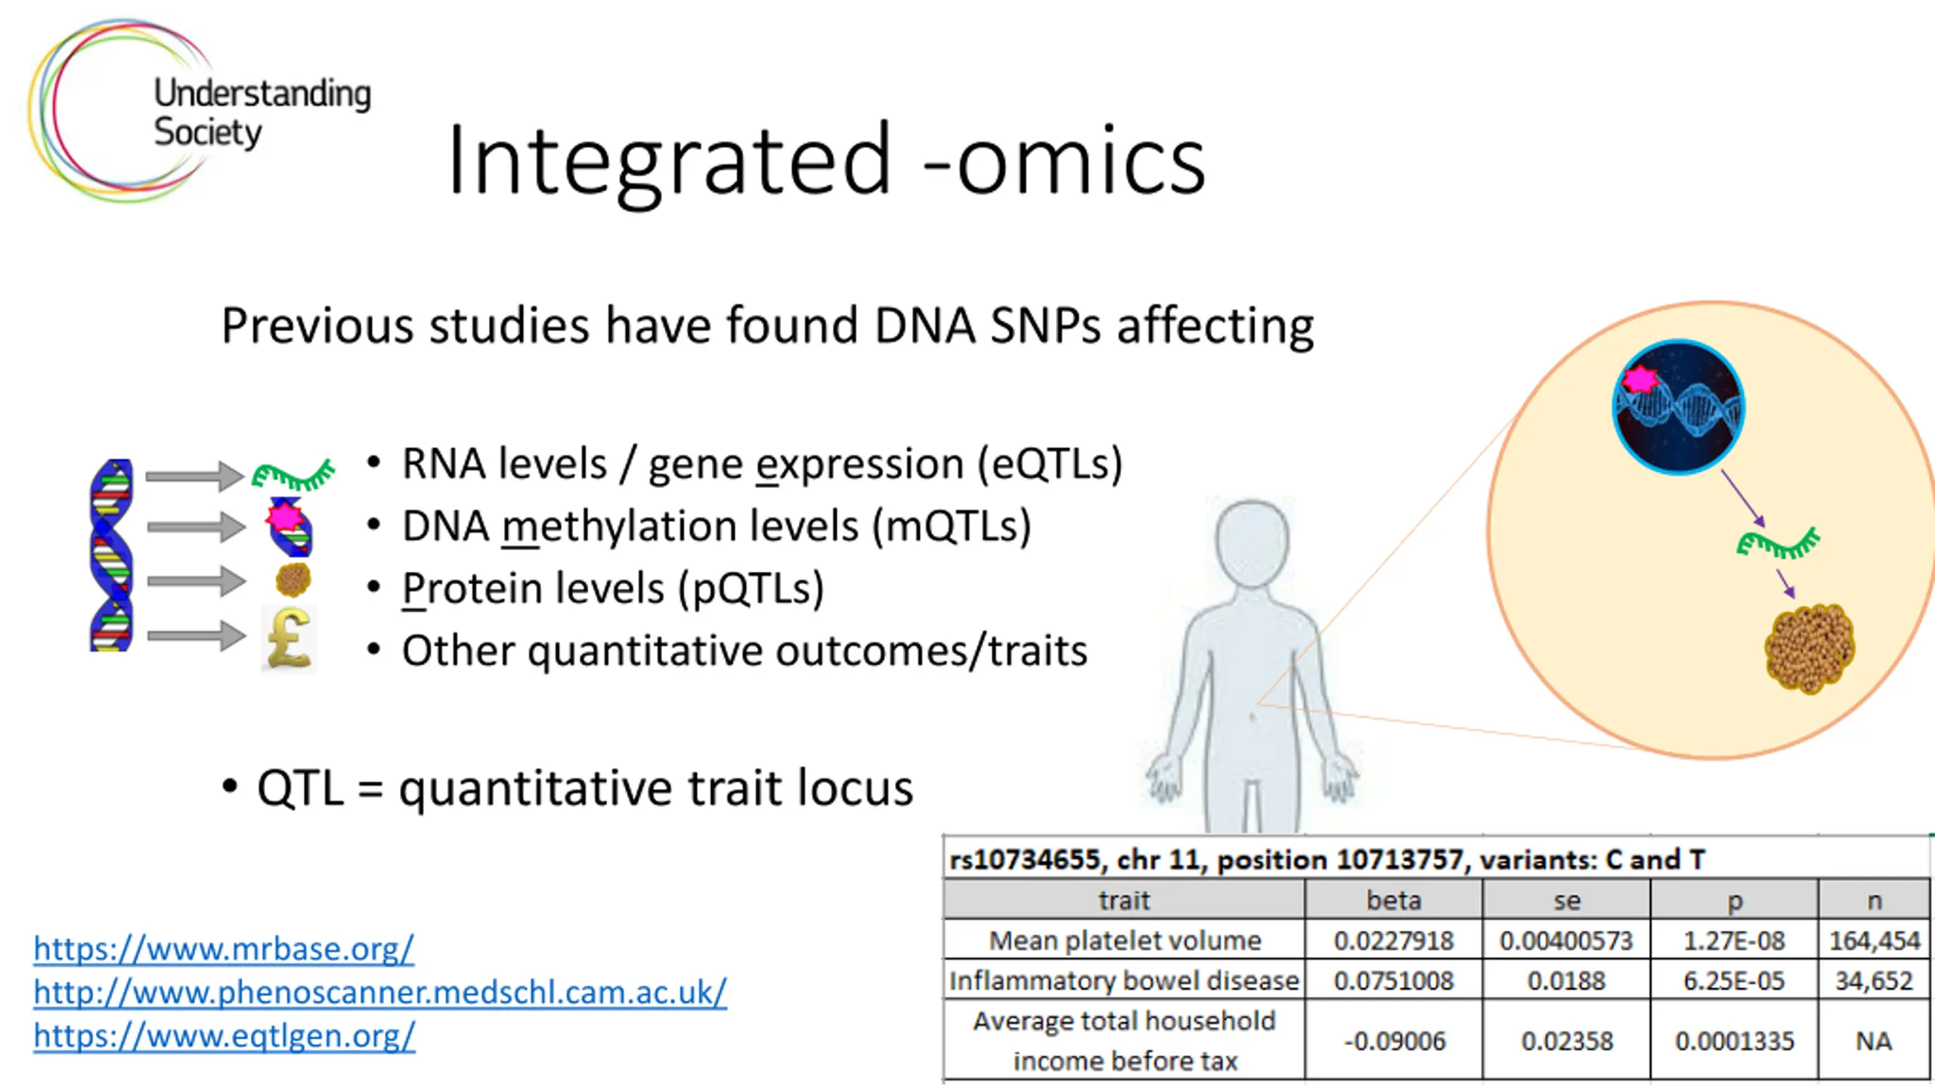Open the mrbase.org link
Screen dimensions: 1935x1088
click(x=224, y=948)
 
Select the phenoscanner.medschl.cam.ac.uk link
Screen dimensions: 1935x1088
click(x=380, y=992)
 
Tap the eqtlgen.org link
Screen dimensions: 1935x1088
click(x=224, y=1036)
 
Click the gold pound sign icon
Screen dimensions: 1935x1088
click(x=289, y=639)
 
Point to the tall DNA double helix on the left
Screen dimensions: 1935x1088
click(x=111, y=555)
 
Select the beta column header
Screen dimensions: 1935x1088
click(x=1394, y=900)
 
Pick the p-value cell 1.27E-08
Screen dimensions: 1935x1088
click(x=1734, y=941)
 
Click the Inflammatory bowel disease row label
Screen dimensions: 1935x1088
click(x=1124, y=981)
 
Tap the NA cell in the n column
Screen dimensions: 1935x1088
click(x=1874, y=1041)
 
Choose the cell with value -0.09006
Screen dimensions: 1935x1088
click(x=1394, y=1041)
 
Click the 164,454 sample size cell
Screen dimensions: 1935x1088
click(x=1875, y=941)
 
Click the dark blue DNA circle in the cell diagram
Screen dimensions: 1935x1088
click(x=1679, y=407)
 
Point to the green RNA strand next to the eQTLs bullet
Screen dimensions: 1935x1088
click(x=293, y=475)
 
